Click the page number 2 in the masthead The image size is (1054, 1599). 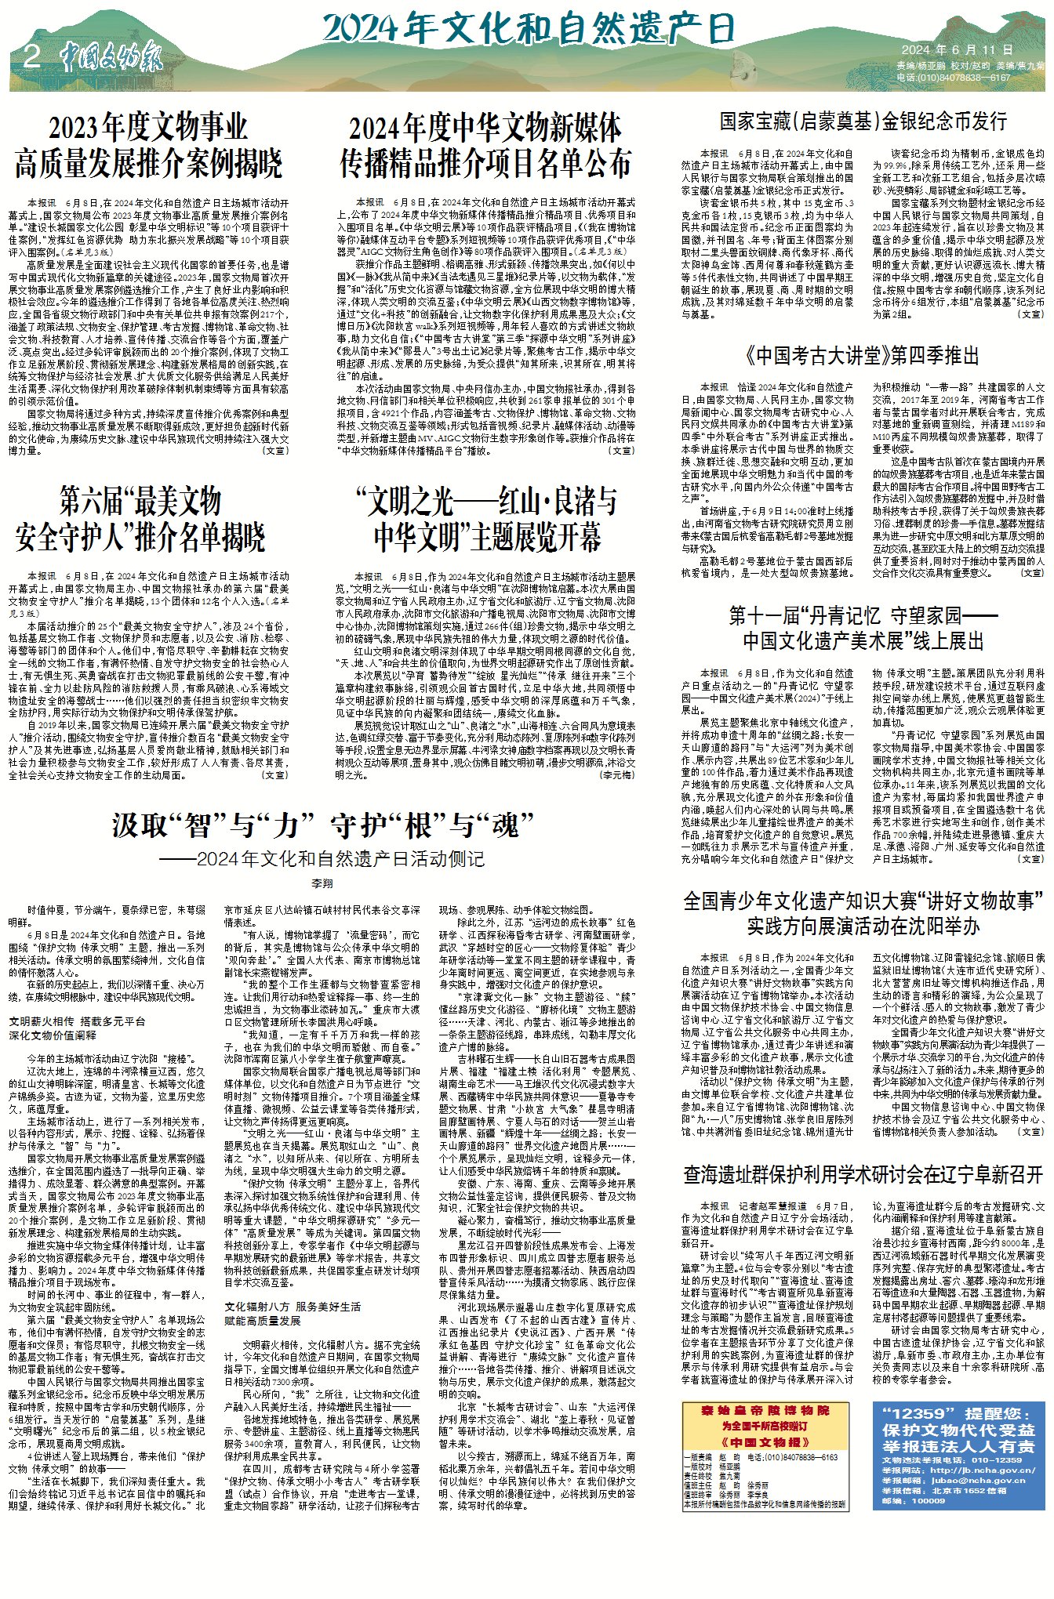tap(32, 56)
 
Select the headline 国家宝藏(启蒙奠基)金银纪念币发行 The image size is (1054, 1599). tap(863, 121)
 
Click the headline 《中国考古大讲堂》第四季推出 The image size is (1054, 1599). tap(863, 356)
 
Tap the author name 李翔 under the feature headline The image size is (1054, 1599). tap(322, 883)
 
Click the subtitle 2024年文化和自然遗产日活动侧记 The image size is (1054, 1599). tap(322, 859)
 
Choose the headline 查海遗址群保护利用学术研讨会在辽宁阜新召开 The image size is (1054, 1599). tap(863, 1174)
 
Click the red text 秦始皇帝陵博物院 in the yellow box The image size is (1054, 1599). tap(765, 1410)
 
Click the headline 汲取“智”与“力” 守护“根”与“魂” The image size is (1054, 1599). tap(322, 825)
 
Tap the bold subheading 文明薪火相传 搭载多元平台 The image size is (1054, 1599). tap(78, 1022)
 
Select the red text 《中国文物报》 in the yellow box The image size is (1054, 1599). tap(765, 1441)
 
